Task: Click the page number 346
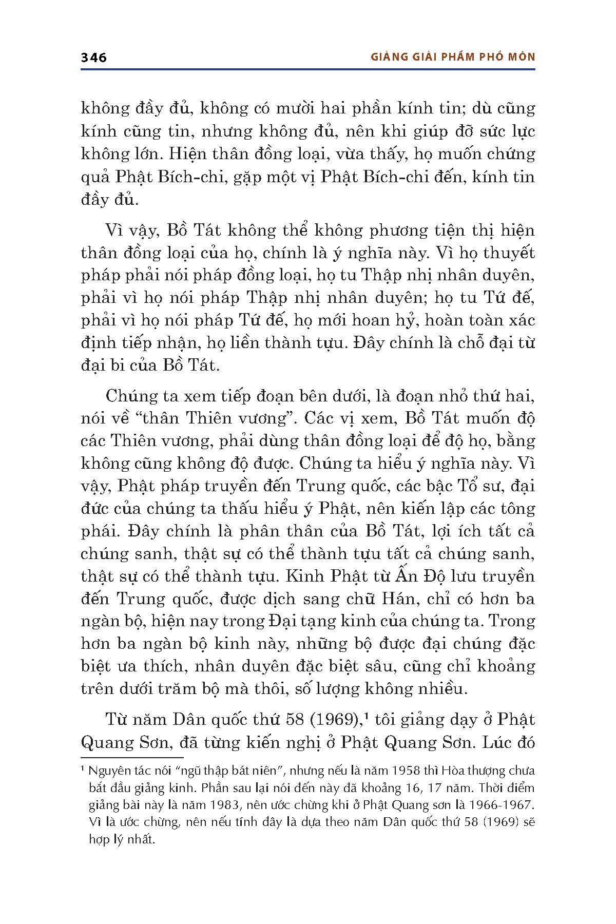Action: [x=94, y=57]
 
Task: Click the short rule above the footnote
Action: [x=132, y=757]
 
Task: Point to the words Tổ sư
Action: [x=457, y=486]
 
